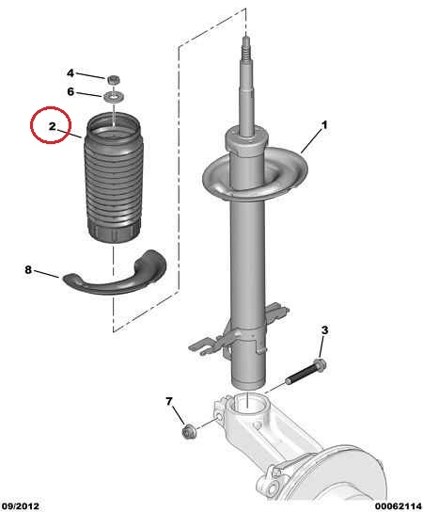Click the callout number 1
click(324, 125)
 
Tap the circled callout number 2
click(53, 126)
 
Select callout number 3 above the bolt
click(324, 330)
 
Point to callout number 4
click(70, 73)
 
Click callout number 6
click(70, 91)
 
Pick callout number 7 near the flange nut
click(168, 401)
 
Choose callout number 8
click(28, 269)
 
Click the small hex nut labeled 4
click(114, 79)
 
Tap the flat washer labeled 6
click(113, 97)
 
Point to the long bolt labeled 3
click(305, 371)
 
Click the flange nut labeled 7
click(188, 431)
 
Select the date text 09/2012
click(20, 506)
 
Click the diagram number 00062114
click(399, 506)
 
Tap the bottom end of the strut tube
click(247, 382)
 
